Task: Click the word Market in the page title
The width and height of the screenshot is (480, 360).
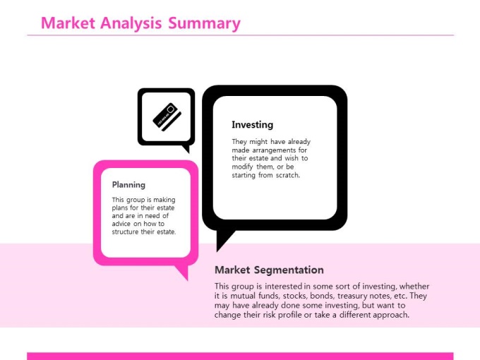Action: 68,23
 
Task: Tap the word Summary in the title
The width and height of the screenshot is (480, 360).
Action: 204,24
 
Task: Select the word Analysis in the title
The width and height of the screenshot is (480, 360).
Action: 131,24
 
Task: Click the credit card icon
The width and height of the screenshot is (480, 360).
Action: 167,117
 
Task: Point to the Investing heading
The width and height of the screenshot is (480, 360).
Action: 252,125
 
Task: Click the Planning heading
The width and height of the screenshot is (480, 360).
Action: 128,185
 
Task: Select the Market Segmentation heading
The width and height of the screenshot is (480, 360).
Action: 269,270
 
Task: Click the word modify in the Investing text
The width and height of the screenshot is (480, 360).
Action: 242,167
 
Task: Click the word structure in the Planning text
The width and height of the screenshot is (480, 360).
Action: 126,232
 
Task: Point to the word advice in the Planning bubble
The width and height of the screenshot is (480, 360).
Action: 121,224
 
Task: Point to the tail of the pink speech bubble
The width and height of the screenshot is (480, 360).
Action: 183,272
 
